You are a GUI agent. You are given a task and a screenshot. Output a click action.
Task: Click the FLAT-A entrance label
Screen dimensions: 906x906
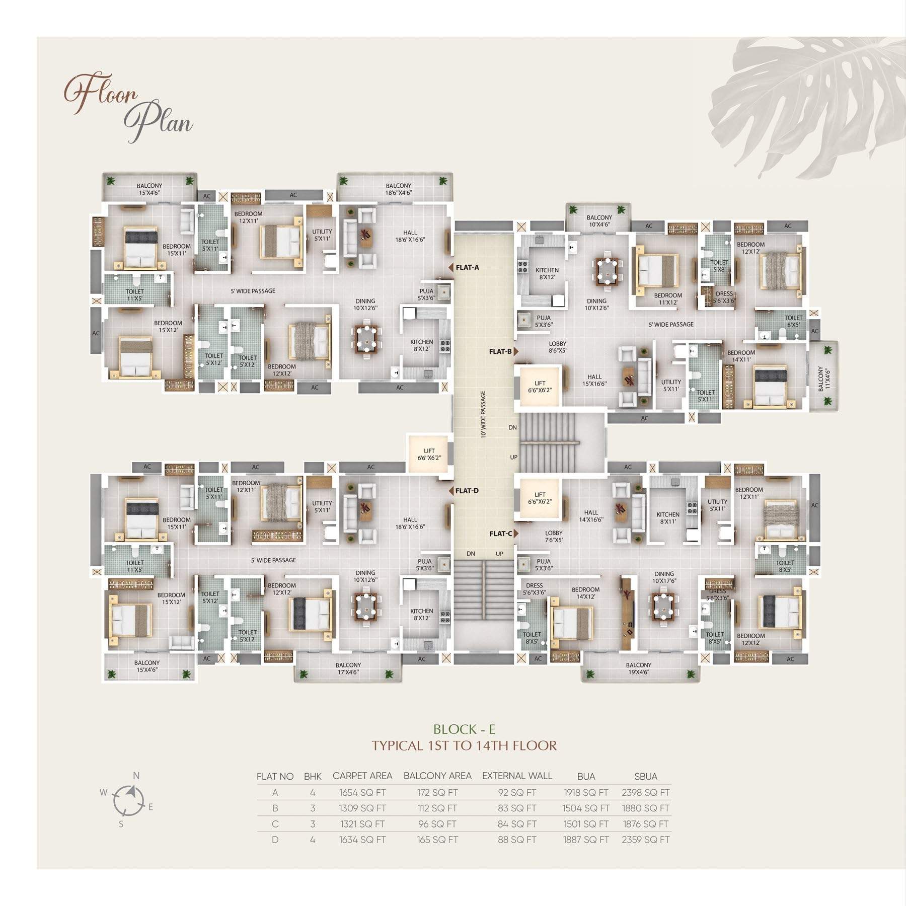point(467,268)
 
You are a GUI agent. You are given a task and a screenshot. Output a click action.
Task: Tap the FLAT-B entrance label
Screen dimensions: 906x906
point(500,352)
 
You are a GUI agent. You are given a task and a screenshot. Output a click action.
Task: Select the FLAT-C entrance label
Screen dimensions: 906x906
point(500,534)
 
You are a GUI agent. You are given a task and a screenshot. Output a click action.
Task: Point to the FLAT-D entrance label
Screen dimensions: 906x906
point(467,491)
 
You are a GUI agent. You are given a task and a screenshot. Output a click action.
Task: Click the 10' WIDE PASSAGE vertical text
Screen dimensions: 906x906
point(483,414)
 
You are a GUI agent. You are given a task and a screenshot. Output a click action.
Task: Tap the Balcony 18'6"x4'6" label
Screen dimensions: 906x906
point(399,189)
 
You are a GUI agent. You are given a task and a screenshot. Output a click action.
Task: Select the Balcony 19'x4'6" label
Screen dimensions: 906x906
point(638,668)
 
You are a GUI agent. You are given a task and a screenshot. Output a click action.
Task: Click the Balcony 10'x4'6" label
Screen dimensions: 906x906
point(599,221)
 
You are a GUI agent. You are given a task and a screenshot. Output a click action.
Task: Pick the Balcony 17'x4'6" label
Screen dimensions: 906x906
point(348,668)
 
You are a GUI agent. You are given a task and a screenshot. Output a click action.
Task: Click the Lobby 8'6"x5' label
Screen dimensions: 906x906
point(558,347)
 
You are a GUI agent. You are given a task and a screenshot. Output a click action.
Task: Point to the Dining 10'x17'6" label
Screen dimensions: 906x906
point(664,577)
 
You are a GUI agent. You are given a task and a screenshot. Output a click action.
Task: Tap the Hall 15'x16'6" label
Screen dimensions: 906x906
point(594,380)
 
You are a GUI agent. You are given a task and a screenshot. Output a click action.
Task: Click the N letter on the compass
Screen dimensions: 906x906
point(136,776)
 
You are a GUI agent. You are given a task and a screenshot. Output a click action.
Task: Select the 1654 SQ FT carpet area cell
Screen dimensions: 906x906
point(362,793)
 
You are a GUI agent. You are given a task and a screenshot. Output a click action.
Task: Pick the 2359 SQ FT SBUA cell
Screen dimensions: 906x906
point(646,840)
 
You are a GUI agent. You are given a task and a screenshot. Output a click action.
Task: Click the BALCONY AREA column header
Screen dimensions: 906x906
point(437,776)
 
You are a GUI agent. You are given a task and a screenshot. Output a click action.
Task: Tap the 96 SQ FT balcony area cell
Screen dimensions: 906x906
point(437,824)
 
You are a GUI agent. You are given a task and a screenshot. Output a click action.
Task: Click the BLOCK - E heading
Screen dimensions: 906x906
point(465,729)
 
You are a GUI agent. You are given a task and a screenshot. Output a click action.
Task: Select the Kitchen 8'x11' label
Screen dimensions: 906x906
point(668,518)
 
